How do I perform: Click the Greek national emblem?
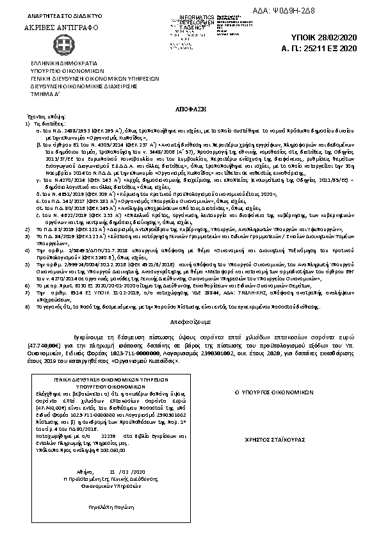[47, 47]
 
